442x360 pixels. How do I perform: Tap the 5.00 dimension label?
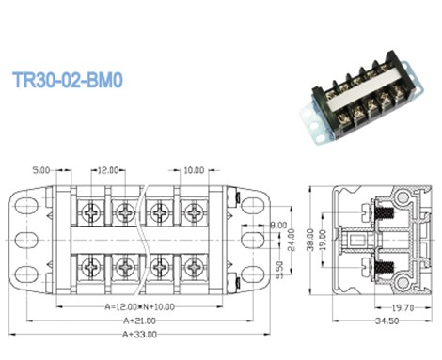(x=40, y=171)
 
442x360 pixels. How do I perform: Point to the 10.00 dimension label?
(x=193, y=171)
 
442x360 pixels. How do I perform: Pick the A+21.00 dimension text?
(x=133, y=321)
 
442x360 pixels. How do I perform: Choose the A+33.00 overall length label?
(x=133, y=335)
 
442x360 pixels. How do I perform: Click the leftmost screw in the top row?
(x=91, y=213)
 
